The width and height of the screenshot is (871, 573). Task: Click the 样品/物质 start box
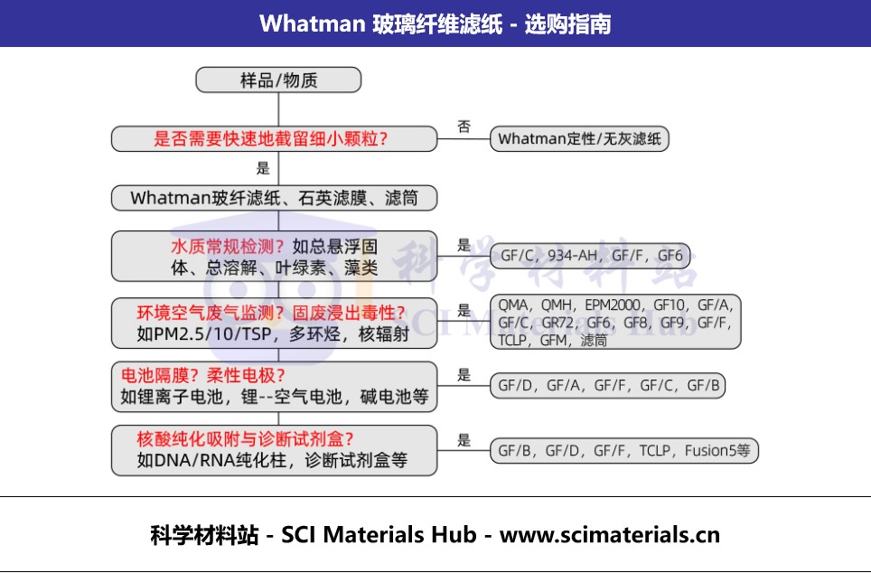click(278, 80)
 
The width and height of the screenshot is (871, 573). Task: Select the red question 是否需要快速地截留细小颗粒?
click(270, 138)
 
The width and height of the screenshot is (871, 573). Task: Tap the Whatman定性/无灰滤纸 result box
click(579, 138)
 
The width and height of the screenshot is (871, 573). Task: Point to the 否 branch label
click(464, 127)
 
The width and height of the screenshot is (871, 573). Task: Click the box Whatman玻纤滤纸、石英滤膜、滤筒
click(275, 198)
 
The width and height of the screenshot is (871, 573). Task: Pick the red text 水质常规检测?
click(228, 246)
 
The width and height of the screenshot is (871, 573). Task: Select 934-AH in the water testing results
click(573, 256)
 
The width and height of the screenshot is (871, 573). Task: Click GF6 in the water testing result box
click(670, 256)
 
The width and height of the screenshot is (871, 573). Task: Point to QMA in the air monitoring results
click(512, 305)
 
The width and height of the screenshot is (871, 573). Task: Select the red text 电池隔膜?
click(159, 376)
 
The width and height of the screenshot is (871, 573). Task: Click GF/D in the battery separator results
click(514, 386)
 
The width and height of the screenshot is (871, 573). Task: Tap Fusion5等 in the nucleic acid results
click(717, 450)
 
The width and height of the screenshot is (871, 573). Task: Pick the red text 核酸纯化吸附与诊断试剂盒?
click(245, 439)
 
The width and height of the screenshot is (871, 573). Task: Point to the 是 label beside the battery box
click(464, 375)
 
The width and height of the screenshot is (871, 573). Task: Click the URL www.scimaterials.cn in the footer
click(609, 535)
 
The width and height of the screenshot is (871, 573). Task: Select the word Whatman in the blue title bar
click(312, 23)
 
